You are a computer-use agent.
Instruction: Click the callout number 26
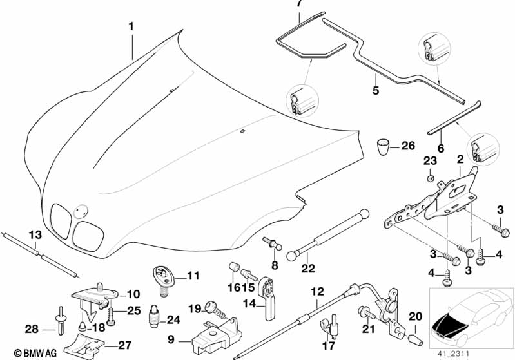409,146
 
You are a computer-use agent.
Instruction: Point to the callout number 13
34,232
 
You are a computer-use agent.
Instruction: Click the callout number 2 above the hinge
460,159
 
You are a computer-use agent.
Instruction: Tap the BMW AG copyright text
23,352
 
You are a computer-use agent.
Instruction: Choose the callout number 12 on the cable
316,291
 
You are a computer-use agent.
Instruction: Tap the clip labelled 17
333,325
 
